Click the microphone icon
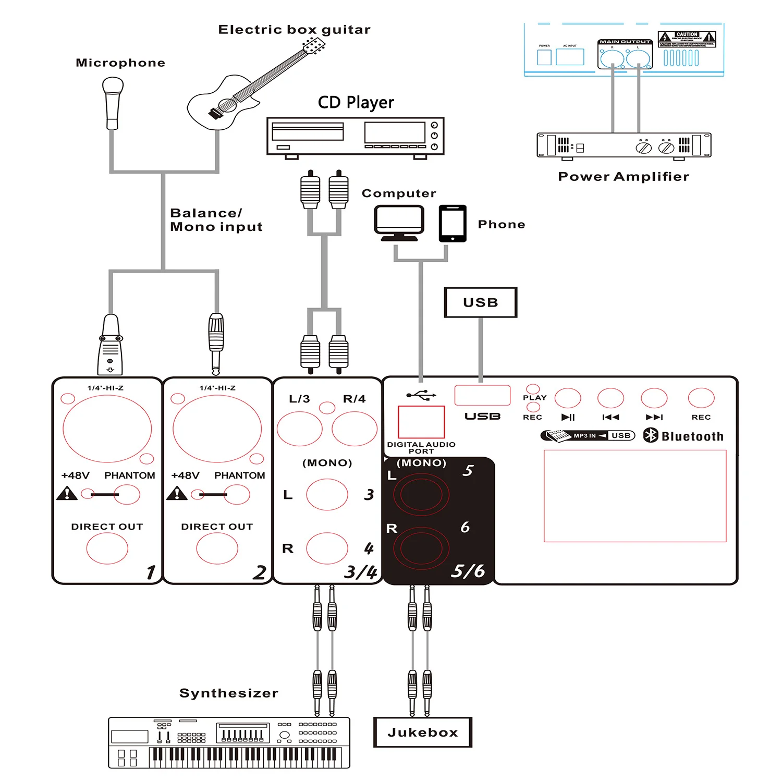coord(113,102)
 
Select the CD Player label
coord(356,102)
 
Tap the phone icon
coord(453,223)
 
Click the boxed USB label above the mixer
coord(480,302)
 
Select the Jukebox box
coord(423,732)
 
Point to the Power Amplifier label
coord(624,177)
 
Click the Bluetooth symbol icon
coord(651,435)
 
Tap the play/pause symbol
coord(568,417)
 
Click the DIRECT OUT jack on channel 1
coord(107,548)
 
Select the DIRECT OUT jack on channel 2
coord(217,548)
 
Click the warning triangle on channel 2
coord(177,493)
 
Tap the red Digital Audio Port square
coord(421,422)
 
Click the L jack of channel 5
coord(421,493)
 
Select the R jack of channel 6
coord(421,548)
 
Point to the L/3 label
coord(299,399)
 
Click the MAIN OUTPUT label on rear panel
coord(625,42)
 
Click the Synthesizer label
coord(228,693)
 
